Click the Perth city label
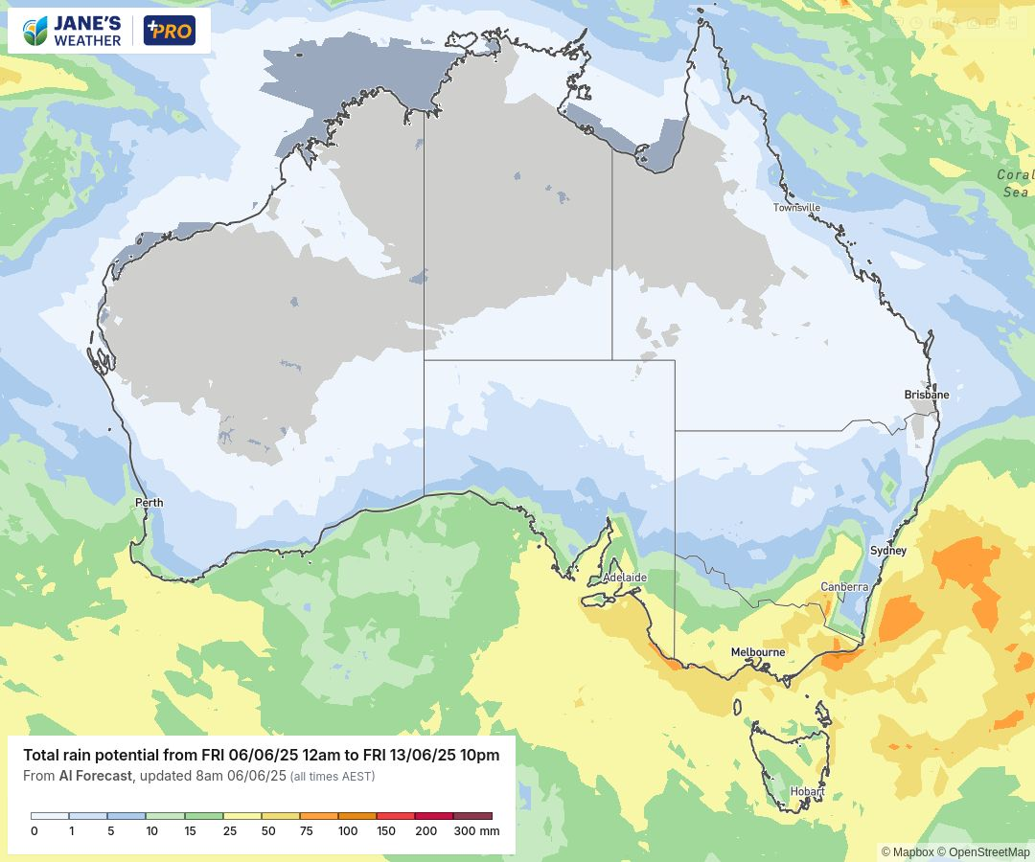coord(149,503)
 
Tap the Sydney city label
coord(887,551)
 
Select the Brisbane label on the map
coord(926,395)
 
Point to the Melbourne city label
coord(757,652)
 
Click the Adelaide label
coord(625,578)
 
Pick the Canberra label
coord(844,587)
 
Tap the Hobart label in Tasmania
coord(807,792)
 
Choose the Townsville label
coord(796,208)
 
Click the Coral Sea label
coord(1015,183)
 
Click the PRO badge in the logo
coord(169,31)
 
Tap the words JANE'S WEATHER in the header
coord(86,31)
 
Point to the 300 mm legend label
coord(476,831)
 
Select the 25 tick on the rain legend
coord(230,831)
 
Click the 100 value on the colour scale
coord(347,831)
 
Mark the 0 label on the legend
coord(34,831)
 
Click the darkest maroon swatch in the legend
coord(472,816)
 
